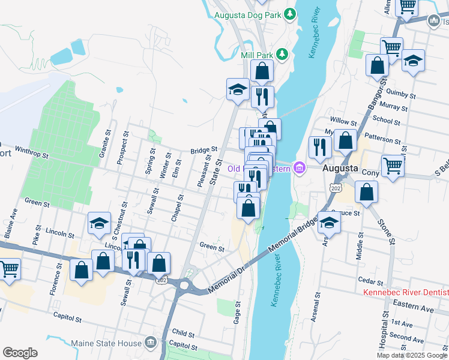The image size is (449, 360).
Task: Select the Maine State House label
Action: pyautogui.click(x=106, y=343)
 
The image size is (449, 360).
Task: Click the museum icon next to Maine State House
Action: pyautogui.click(x=151, y=343)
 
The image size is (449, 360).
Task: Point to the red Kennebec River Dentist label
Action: pyautogui.click(x=406, y=293)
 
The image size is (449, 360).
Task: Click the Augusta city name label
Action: pyautogui.click(x=340, y=169)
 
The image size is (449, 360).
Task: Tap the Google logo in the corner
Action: pyautogui.click(x=20, y=353)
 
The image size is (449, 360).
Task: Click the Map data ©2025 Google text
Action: pyautogui.click(x=412, y=355)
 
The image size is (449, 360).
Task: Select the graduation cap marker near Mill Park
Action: pyautogui.click(x=238, y=90)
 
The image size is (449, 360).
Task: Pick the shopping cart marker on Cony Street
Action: pyautogui.click(x=393, y=166)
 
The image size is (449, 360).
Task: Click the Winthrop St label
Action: pyautogui.click(x=31, y=151)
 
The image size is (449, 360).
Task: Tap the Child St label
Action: pyautogui.click(x=182, y=332)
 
